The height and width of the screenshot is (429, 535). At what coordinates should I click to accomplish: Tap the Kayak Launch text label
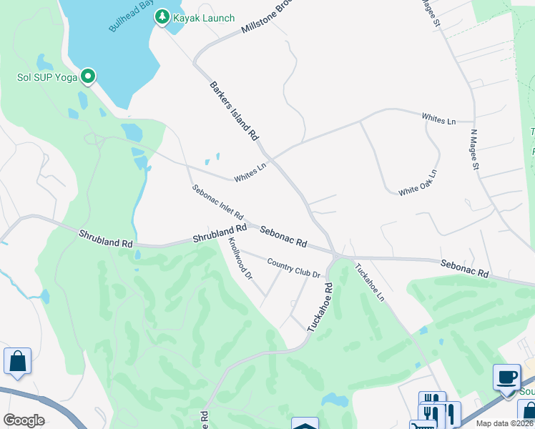pos(204,18)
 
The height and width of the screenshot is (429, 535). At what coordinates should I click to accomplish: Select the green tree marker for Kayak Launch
pos(162,16)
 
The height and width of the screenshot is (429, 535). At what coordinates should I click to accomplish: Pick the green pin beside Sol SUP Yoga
pos(88,75)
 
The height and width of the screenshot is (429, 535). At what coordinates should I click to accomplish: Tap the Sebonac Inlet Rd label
pos(218,202)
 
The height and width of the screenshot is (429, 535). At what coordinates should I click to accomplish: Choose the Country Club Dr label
pos(293,268)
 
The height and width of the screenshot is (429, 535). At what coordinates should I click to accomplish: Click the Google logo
pos(24,420)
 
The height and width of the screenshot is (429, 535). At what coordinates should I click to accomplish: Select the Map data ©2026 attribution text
pos(505,423)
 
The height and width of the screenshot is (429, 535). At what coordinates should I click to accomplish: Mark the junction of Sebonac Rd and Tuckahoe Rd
pos(335,254)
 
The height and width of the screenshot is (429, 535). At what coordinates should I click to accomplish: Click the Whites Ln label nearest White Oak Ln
pos(438,118)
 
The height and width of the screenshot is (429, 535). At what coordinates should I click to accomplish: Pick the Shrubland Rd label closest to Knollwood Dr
pos(220,233)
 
